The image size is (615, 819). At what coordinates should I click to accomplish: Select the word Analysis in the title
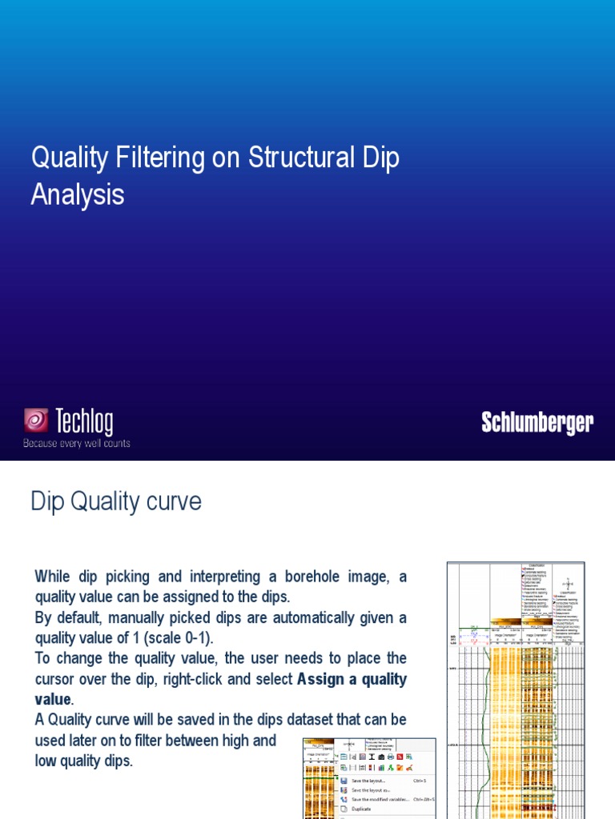(78, 194)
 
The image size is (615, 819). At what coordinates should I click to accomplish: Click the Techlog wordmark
(84, 421)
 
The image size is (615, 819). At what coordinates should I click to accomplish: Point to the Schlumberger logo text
(537, 422)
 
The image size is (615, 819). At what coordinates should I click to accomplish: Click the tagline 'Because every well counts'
(76, 443)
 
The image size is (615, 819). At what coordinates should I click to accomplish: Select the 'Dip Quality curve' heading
(116, 501)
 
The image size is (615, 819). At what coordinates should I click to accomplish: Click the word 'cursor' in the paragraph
(57, 679)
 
